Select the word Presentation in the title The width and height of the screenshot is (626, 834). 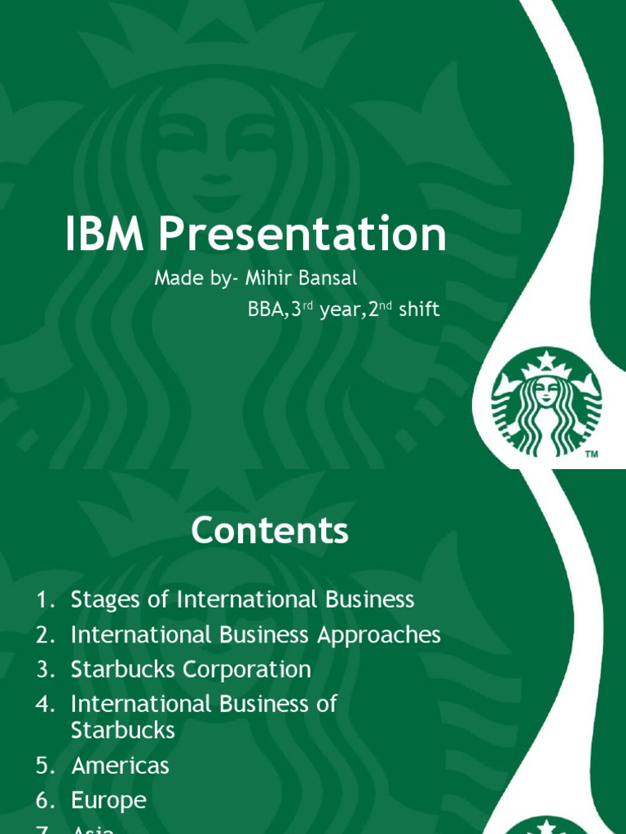(x=302, y=235)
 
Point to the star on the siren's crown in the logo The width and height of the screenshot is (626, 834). (x=547, y=359)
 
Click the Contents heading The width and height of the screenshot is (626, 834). (x=270, y=532)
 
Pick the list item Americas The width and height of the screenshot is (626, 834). (x=120, y=766)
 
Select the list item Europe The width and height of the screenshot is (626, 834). (x=108, y=801)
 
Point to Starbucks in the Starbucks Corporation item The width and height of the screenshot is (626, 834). (x=123, y=669)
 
